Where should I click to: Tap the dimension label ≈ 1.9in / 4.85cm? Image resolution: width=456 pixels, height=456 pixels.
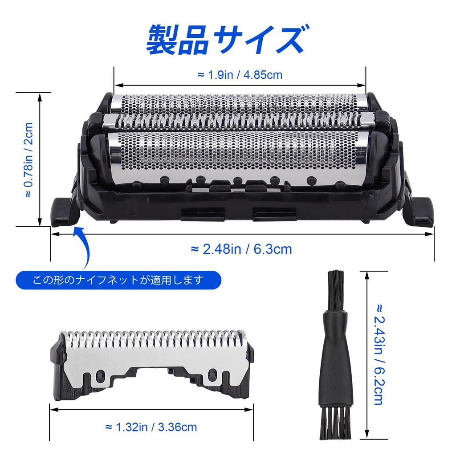click(x=240, y=75)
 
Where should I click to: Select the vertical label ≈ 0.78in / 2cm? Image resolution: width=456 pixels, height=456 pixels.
click(x=28, y=160)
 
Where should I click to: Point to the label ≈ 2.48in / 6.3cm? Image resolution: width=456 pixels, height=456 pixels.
click(x=241, y=249)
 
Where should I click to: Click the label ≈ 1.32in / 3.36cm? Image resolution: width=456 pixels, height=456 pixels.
click(x=151, y=427)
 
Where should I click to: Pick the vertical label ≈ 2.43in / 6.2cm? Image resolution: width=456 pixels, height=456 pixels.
click(x=378, y=354)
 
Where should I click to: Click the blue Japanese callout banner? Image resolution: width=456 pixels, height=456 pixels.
click(x=118, y=280)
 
